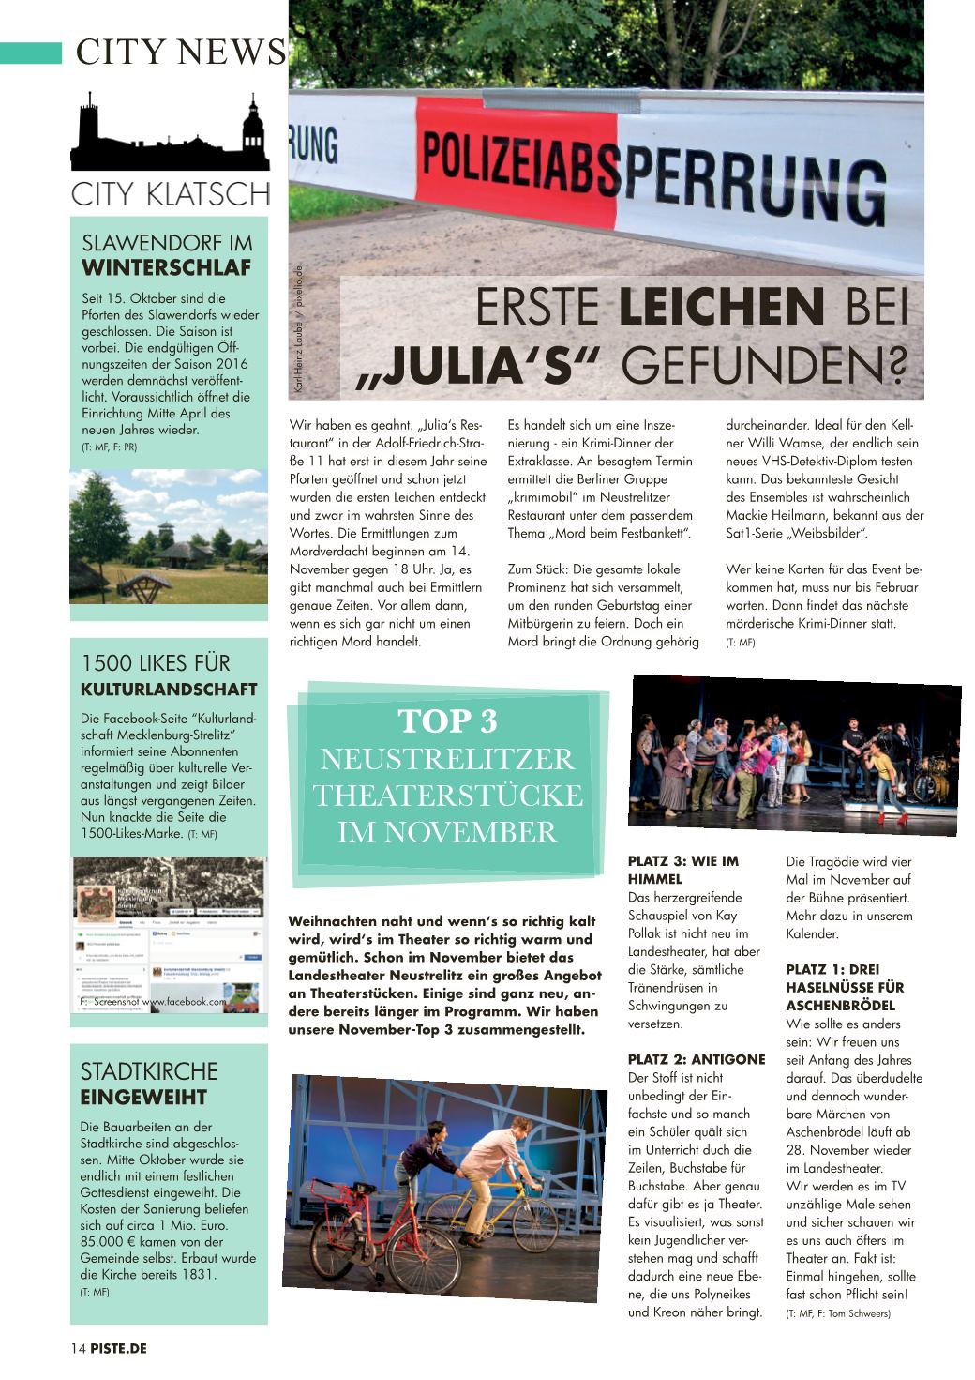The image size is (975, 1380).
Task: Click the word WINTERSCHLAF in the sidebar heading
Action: pyautogui.click(x=167, y=267)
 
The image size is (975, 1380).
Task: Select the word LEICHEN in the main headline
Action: pyautogui.click(x=722, y=308)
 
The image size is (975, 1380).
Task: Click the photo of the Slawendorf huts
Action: pyautogui.click(x=169, y=537)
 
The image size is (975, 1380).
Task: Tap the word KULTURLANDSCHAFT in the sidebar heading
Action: pyautogui.click(x=169, y=690)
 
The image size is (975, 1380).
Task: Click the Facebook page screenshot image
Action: pyautogui.click(x=169, y=934)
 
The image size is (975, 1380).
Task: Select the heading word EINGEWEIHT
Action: pyautogui.click(x=143, y=1097)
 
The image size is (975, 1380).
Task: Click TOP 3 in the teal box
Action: pyautogui.click(x=447, y=721)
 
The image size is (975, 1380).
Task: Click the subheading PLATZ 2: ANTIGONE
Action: pyautogui.click(x=697, y=1059)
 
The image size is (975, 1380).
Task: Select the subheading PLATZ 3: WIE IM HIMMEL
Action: pyautogui.click(x=683, y=870)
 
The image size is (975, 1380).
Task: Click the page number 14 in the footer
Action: pyautogui.click(x=78, y=1348)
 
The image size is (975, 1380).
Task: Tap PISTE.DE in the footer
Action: pyautogui.click(x=119, y=1348)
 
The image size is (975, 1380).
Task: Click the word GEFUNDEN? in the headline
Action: pyautogui.click(x=764, y=366)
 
